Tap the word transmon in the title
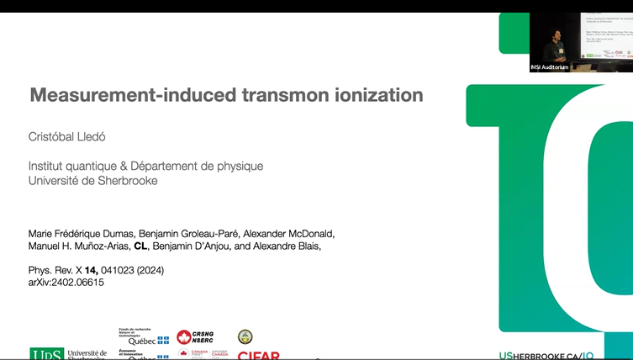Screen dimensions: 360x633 (x=275, y=95)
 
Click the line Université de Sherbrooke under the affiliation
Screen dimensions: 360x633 (x=92, y=181)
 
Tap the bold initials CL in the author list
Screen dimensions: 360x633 (x=141, y=246)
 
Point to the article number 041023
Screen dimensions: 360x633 (x=118, y=270)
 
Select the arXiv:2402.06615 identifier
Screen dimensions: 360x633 (x=66, y=283)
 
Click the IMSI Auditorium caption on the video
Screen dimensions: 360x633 (x=550, y=67)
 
